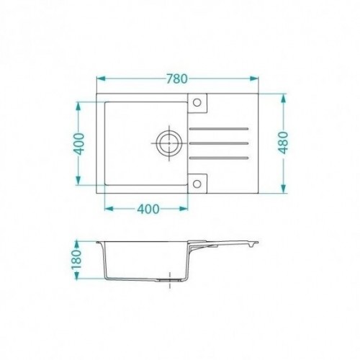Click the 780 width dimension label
click(177, 78)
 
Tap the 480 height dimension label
click(284, 143)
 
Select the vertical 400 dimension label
click(79, 144)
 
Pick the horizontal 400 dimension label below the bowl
click(148, 209)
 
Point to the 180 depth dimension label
click(77, 260)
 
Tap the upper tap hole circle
click(197, 102)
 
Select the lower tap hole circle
click(197, 184)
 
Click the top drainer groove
click(219, 129)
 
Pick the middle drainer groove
click(219, 143)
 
